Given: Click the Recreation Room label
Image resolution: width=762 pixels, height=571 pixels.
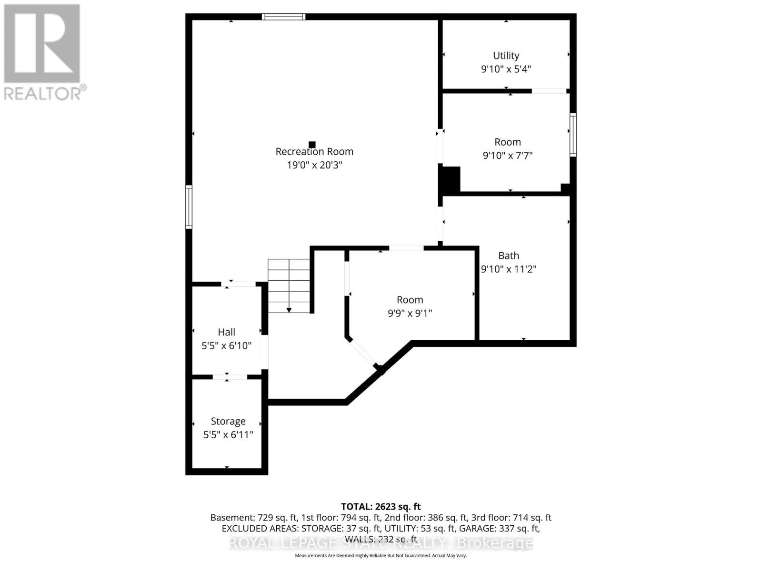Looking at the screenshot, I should coord(314,152).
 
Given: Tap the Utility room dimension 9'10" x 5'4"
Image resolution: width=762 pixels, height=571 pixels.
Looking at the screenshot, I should coord(506,69).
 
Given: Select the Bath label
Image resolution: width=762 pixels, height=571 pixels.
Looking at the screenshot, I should coord(509,256).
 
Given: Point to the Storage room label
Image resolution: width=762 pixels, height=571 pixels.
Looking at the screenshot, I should coord(228,422).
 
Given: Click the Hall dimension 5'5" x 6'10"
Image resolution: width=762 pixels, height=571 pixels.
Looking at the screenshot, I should coord(227,346).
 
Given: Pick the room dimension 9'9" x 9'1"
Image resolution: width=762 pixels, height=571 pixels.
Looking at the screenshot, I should coord(410,313).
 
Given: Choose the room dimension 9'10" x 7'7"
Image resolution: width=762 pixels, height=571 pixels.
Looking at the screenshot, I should coord(508,156).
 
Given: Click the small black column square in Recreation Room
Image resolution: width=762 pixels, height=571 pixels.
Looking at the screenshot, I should coord(312,145).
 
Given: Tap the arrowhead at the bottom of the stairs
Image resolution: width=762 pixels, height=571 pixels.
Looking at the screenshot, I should coord(289,310).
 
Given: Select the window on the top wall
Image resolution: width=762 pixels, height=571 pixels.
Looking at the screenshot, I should coord(283,17).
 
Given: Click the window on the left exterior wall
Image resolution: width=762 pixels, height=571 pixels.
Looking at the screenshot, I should coord(189,207).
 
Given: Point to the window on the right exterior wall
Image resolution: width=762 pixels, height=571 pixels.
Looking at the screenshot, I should coord(573,135).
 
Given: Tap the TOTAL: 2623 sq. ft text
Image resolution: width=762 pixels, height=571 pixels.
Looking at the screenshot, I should coord(381,507).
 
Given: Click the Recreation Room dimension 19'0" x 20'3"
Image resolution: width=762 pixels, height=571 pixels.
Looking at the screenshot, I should coord(314,165).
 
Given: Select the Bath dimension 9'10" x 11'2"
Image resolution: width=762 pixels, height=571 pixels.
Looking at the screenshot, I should coord(509,269).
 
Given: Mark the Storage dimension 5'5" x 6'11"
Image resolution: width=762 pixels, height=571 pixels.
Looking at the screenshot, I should coord(228,435).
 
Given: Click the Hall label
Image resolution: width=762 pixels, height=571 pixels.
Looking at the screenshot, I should coord(227,332).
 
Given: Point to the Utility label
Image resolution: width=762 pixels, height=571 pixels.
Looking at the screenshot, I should coord(506,56).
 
